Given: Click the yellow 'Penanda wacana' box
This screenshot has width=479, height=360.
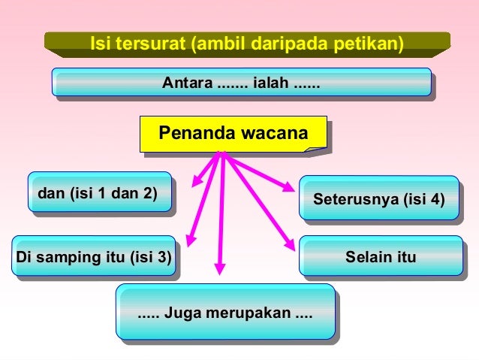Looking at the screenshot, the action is pyautogui.click(x=233, y=134).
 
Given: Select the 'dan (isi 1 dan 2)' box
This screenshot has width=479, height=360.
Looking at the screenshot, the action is pyautogui.click(x=98, y=193).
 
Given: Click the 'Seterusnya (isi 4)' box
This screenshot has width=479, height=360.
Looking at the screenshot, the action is pyautogui.click(x=378, y=200).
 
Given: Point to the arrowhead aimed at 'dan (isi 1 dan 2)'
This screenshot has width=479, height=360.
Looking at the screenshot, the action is pyautogui.click(x=196, y=181).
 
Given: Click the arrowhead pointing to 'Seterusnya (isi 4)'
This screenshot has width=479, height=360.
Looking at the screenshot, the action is pyautogui.click(x=289, y=188).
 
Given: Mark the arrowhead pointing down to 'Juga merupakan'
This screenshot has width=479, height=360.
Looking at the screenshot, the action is pyautogui.click(x=220, y=268).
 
